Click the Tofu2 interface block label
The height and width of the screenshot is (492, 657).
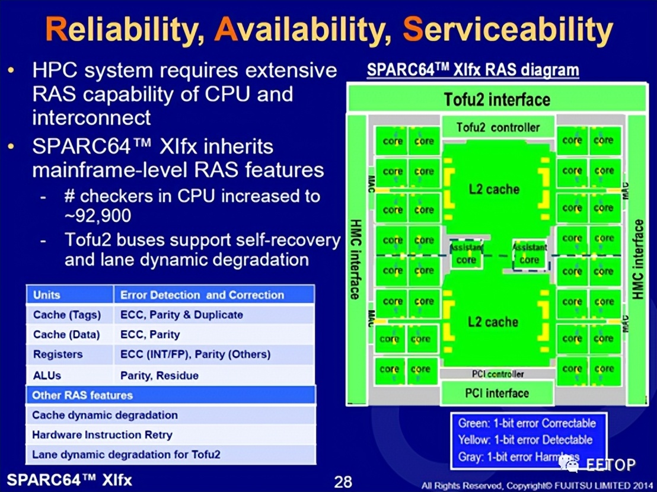click(x=497, y=99)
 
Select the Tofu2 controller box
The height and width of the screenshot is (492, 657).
click(x=498, y=127)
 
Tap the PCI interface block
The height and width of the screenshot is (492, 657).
click(x=497, y=392)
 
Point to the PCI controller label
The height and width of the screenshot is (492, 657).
click(x=497, y=374)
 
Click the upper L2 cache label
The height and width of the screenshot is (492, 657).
click(x=494, y=190)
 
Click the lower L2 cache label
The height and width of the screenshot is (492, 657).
click(x=493, y=322)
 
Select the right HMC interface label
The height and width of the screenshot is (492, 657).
click(x=637, y=258)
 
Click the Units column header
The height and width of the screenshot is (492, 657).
click(x=47, y=295)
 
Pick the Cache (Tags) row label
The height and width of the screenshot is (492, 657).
click(x=67, y=315)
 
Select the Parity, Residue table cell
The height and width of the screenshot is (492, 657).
click(x=160, y=375)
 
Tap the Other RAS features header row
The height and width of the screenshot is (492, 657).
click(x=171, y=395)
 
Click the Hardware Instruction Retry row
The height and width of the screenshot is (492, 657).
click(x=102, y=435)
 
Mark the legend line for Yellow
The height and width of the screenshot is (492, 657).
click(x=525, y=440)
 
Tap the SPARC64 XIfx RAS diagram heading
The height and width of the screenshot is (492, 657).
click(x=473, y=70)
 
